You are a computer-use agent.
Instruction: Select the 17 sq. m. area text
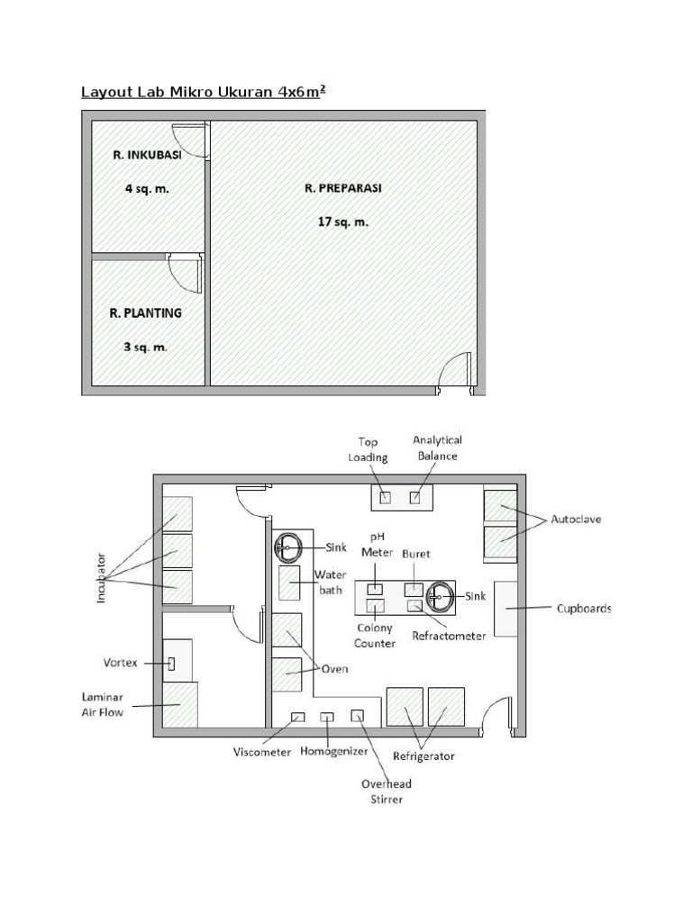342,221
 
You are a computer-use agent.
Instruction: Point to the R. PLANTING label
145,313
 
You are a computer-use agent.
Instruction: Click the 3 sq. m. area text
145,347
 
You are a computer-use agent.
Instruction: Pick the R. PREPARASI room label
342,188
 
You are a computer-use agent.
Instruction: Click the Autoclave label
576,520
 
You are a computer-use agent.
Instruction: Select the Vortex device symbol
171,664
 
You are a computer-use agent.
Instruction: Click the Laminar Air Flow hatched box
181,703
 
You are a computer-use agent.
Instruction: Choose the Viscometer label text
262,753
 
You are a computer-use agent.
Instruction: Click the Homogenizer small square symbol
328,717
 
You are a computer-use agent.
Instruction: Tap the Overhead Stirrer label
387,791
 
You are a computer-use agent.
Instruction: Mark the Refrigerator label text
423,756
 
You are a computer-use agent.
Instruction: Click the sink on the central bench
442,596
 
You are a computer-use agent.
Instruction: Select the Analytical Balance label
437,447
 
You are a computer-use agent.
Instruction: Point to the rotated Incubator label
102,577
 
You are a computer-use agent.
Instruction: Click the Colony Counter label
376,636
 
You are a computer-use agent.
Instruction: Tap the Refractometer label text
449,636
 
